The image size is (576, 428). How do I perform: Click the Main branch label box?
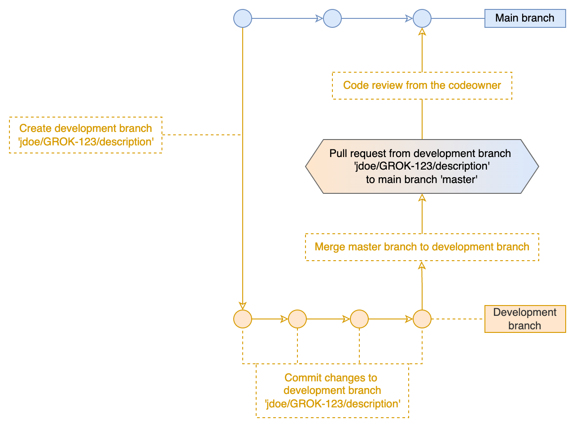pos(525,18)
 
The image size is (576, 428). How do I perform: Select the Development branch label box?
pos(525,319)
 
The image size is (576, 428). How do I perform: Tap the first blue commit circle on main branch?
pos(243,18)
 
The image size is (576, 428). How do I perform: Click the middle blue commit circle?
pos(332,18)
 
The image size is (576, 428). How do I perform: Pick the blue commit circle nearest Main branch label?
pos(422,18)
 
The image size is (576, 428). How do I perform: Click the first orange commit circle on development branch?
pos(243,319)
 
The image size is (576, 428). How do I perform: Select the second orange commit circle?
pos(297,319)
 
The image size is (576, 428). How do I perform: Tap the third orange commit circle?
pos(359,319)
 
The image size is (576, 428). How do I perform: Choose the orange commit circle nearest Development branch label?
pos(422,319)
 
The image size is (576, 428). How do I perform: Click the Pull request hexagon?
pos(422,166)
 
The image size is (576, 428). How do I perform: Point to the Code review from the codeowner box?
pos(422,85)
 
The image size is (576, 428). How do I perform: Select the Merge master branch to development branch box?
pos(422,247)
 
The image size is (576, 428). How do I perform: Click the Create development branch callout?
pos(85,135)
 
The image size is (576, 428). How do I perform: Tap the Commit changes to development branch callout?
pos(332,391)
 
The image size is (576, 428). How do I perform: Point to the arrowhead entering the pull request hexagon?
pos(422,198)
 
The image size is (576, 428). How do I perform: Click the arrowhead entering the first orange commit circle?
pos(243,306)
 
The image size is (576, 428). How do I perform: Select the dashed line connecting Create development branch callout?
pos(202,135)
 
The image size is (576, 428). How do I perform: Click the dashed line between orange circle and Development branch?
pos(458,319)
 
